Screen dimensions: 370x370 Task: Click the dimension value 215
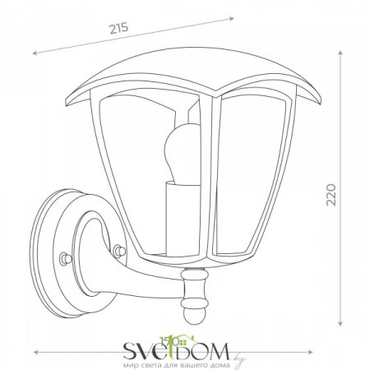pyautogui.click(x=119, y=28)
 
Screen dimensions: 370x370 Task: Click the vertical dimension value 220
pyautogui.click(x=331, y=195)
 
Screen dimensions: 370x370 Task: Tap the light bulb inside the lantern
pyautogui.click(x=182, y=154)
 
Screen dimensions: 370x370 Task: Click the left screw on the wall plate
pyautogui.click(x=66, y=258)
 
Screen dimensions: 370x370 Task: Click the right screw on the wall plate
pyautogui.click(x=118, y=251)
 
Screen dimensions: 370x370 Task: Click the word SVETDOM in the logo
pyautogui.click(x=176, y=351)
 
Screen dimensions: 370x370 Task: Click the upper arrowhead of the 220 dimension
pyautogui.click(x=340, y=53)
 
